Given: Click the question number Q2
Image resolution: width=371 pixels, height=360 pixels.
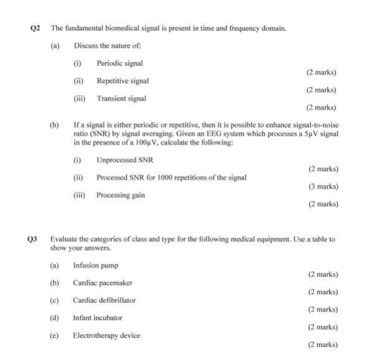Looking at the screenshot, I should point(35,28).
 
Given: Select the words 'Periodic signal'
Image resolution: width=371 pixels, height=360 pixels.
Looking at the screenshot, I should point(120,63).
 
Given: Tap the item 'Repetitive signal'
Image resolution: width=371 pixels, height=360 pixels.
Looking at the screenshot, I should point(123,81).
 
